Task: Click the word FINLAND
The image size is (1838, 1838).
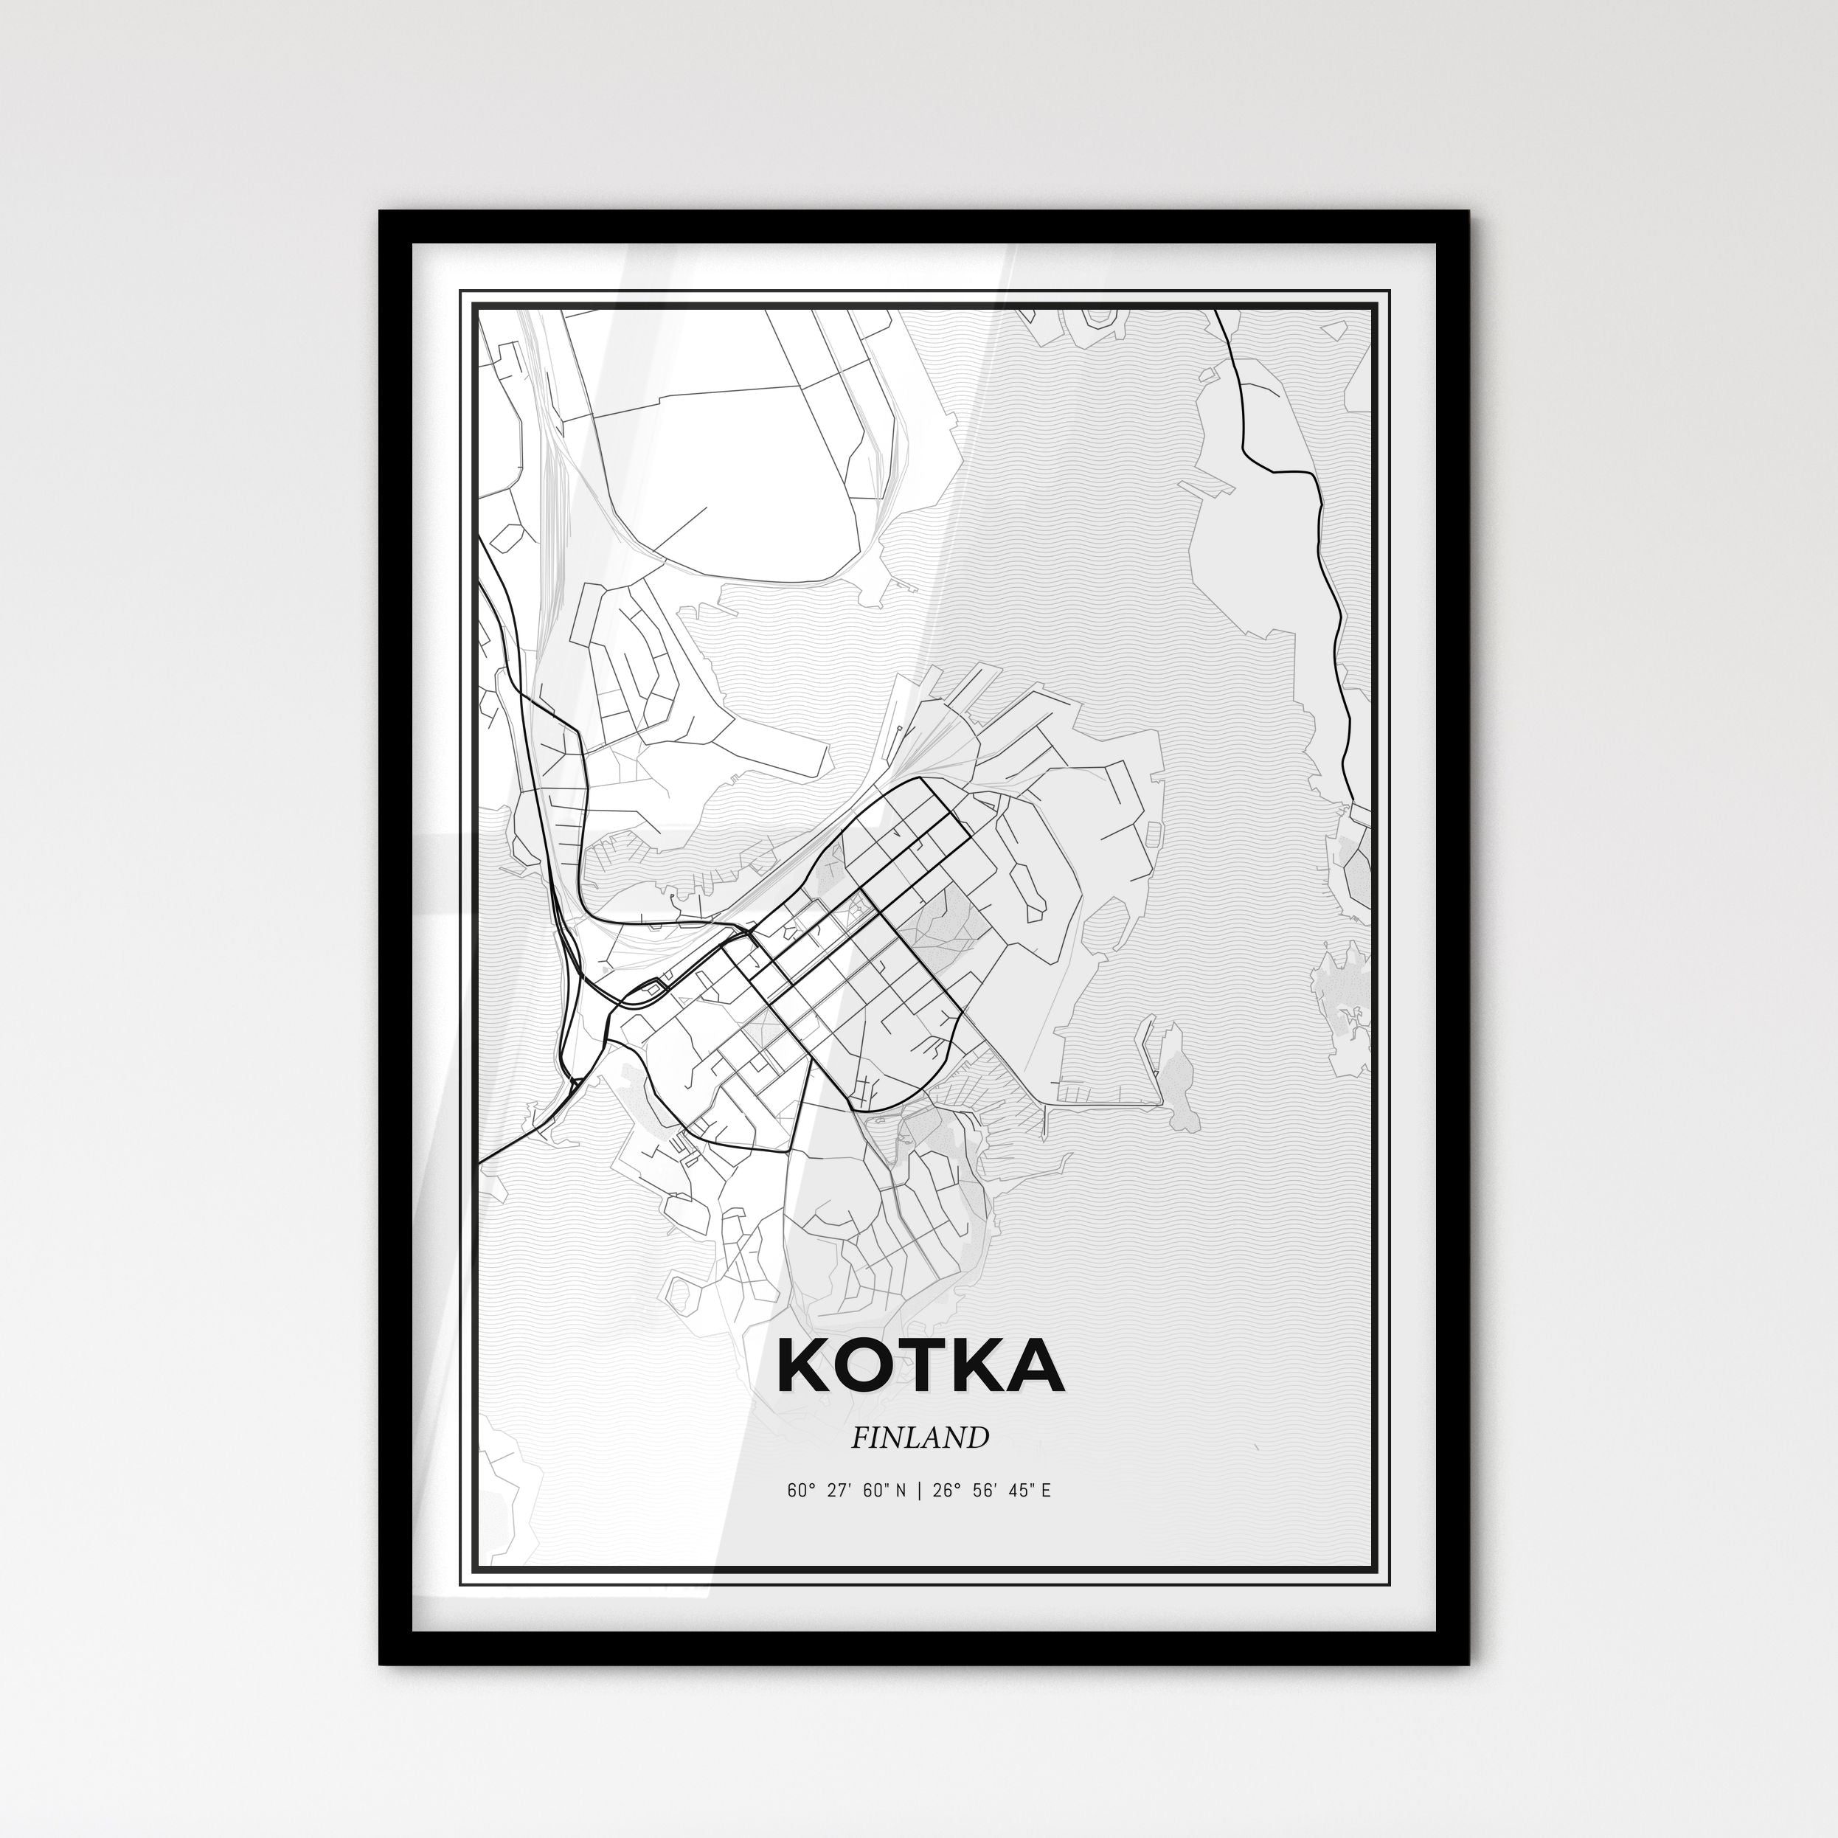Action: (919, 1438)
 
